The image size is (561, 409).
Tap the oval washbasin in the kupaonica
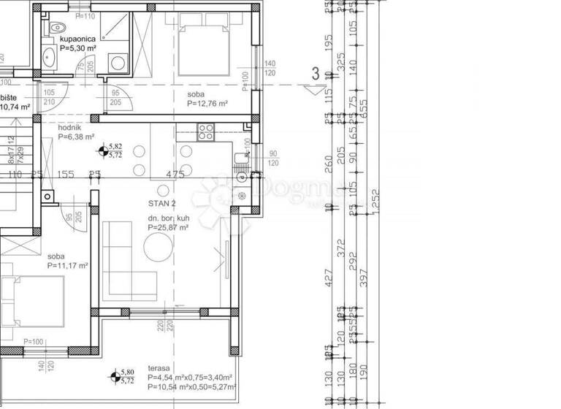pos(51,56)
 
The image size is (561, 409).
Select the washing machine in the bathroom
pos(116,63)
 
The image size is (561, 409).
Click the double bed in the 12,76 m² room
pos(205,45)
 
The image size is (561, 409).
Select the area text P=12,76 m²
pos(207,104)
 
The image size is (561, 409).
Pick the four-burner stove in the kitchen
pos(206,133)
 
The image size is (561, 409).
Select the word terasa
pos(159,369)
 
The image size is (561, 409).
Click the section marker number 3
pos(315,74)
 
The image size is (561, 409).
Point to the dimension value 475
pos(175,175)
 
